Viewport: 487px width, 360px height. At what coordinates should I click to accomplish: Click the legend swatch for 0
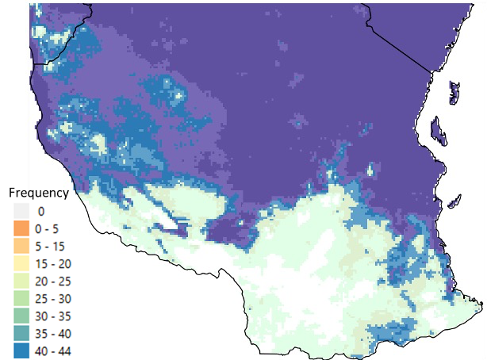coord(21,211)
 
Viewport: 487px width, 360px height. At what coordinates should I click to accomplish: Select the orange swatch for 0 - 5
coord(21,228)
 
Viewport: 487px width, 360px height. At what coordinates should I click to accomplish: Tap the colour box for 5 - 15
coord(21,246)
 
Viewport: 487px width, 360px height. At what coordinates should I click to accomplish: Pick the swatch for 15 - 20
coord(21,263)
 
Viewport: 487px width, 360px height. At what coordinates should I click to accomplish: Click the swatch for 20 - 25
coord(21,281)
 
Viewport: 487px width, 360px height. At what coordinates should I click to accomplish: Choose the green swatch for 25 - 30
coord(21,298)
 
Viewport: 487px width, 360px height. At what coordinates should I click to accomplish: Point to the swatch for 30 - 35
coord(21,316)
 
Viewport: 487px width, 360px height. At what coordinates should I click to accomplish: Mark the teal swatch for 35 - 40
coord(21,333)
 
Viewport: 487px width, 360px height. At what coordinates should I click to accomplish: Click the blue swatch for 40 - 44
coord(21,350)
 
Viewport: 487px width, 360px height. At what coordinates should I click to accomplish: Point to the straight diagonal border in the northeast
coord(401,40)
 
